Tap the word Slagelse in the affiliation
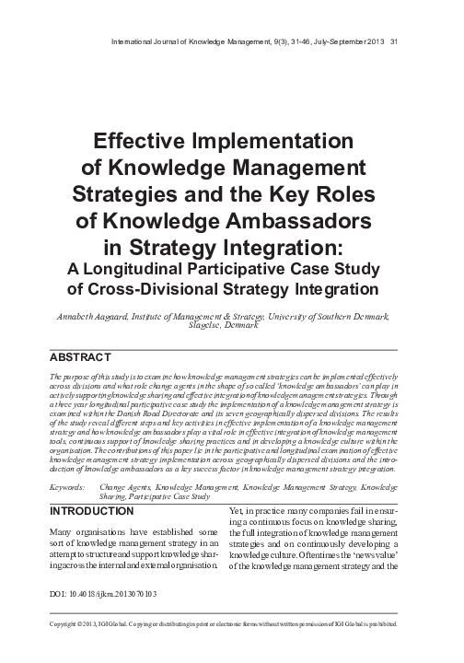pyautogui.click(x=205, y=325)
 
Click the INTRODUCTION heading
pyautogui.click(x=90, y=511)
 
